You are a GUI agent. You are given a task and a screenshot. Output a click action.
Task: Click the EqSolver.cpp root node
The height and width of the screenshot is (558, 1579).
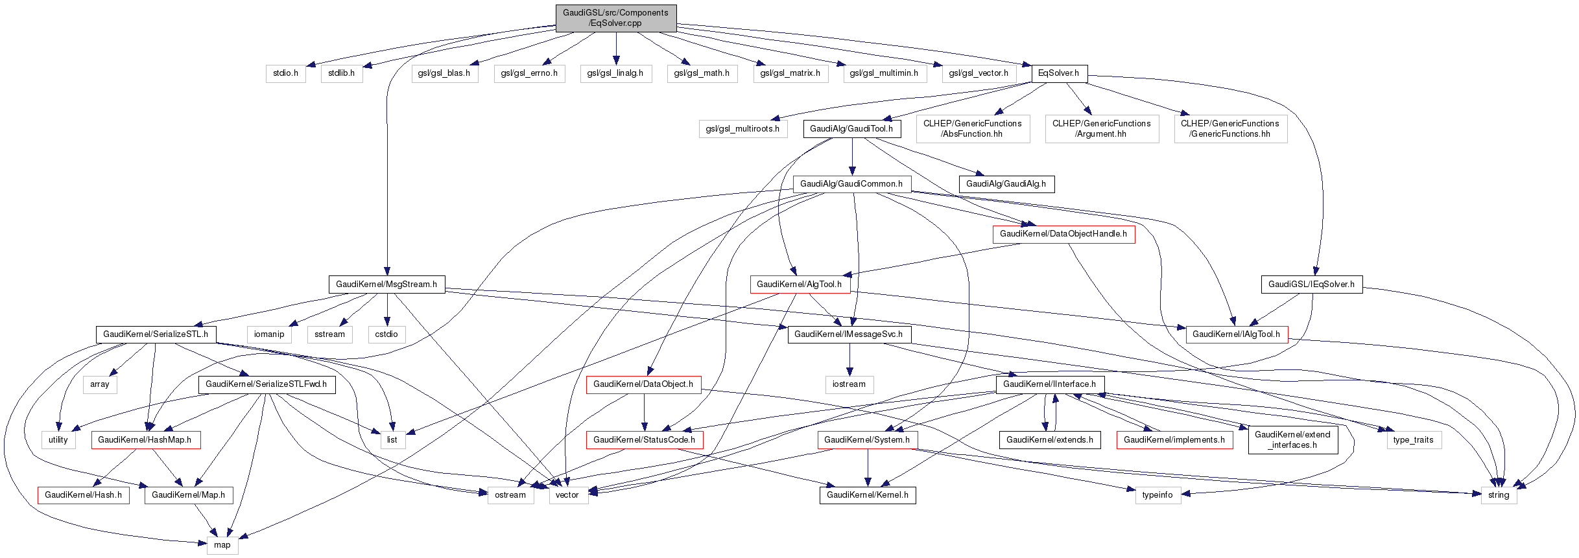tap(615, 18)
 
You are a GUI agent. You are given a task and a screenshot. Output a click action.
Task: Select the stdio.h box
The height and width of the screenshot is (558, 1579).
tap(285, 73)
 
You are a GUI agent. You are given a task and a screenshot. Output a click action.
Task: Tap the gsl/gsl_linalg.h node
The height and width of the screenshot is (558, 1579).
tap(615, 73)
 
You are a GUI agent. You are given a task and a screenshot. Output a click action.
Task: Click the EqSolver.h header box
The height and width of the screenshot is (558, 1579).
tap(1058, 73)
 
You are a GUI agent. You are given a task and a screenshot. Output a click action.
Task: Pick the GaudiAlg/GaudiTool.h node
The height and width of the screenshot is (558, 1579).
tap(851, 129)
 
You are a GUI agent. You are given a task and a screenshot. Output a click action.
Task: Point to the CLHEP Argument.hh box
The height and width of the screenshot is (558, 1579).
tap(1101, 129)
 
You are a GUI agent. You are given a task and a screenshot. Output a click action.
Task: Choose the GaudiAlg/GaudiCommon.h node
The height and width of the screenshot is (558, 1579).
tap(851, 184)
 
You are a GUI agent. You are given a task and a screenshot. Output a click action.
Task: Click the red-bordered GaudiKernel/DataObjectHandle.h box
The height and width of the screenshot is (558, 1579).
tap(1063, 234)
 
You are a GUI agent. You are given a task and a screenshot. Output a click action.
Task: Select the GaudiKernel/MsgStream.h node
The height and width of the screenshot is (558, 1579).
tap(386, 285)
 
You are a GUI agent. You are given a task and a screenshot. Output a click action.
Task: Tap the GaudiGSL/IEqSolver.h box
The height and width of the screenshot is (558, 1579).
tap(1311, 285)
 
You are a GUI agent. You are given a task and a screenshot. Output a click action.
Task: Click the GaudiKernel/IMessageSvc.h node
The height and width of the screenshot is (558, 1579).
tap(849, 334)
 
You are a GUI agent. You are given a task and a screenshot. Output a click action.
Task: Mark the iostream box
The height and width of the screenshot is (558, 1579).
tap(849, 384)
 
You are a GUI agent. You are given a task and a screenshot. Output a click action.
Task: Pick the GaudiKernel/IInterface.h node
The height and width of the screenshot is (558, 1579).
tap(1049, 384)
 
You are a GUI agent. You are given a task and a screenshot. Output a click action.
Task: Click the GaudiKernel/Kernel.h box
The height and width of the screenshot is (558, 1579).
tap(867, 495)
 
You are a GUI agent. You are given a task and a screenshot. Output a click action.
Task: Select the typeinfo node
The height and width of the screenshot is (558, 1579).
tap(1158, 495)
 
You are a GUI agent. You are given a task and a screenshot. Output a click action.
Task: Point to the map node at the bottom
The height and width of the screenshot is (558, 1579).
tap(222, 545)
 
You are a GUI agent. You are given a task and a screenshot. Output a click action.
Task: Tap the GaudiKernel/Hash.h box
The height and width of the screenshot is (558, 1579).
tap(83, 495)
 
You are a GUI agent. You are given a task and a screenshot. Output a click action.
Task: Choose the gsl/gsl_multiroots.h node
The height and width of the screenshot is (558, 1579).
tap(742, 129)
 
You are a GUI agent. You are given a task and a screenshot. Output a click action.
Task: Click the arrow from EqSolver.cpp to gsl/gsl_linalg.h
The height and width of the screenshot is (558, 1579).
tap(615, 49)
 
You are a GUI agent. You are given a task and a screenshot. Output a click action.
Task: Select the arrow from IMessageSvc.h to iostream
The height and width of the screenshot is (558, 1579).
tap(849, 360)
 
